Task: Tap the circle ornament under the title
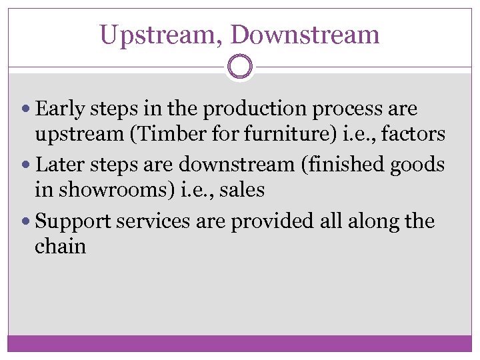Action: click(x=240, y=67)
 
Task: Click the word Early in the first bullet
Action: click(x=58, y=108)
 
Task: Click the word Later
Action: click(x=59, y=164)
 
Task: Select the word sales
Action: click(x=241, y=191)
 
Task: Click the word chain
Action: click(x=60, y=247)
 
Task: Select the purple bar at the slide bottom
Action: click(x=240, y=343)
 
